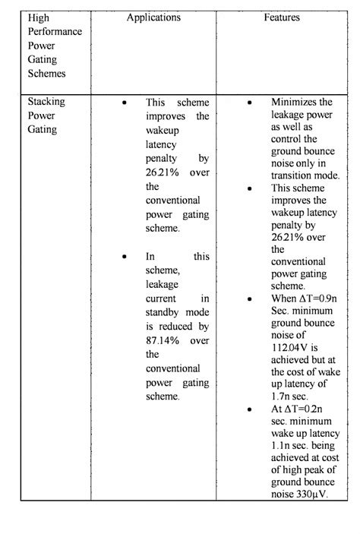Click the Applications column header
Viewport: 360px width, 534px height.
pyautogui.click(x=153, y=17)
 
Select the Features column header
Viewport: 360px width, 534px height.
pyautogui.click(x=282, y=17)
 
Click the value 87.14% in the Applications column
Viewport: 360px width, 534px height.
pyautogui.click(x=160, y=340)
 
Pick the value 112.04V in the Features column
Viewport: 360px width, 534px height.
pyautogui.click(x=289, y=340)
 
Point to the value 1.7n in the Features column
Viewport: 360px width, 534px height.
pyautogui.click(x=280, y=395)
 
